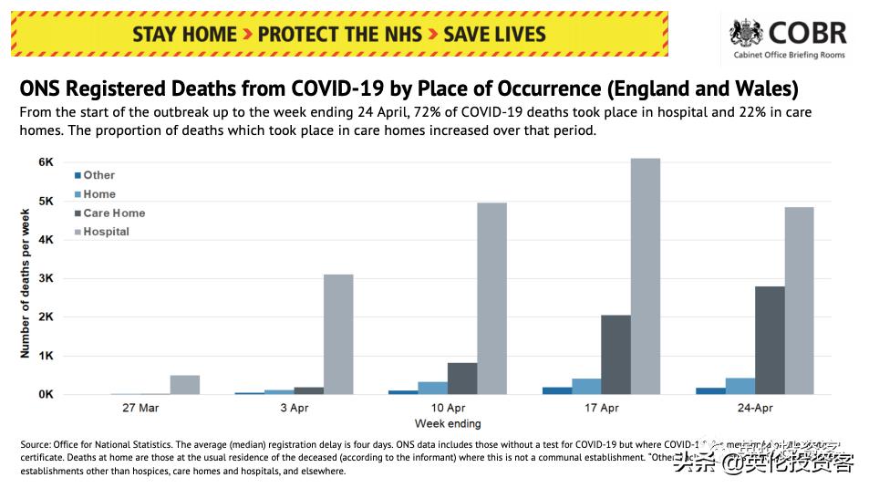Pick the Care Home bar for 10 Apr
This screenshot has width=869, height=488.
462,379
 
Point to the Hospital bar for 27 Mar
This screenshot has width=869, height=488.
184,385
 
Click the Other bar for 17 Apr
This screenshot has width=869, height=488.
557,390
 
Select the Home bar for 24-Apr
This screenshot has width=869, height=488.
740,386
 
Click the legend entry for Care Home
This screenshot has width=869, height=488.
113,213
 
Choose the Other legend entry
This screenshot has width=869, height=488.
98,175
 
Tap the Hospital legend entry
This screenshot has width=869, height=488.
106,232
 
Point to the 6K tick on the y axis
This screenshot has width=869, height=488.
46,161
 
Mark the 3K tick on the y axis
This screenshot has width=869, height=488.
46,278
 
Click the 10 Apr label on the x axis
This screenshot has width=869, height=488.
448,408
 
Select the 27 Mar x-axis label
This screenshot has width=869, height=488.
140,408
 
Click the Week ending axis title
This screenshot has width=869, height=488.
447,423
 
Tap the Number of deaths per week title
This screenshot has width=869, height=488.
26,283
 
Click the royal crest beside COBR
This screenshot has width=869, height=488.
747,34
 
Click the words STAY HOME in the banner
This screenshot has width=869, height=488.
185,35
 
